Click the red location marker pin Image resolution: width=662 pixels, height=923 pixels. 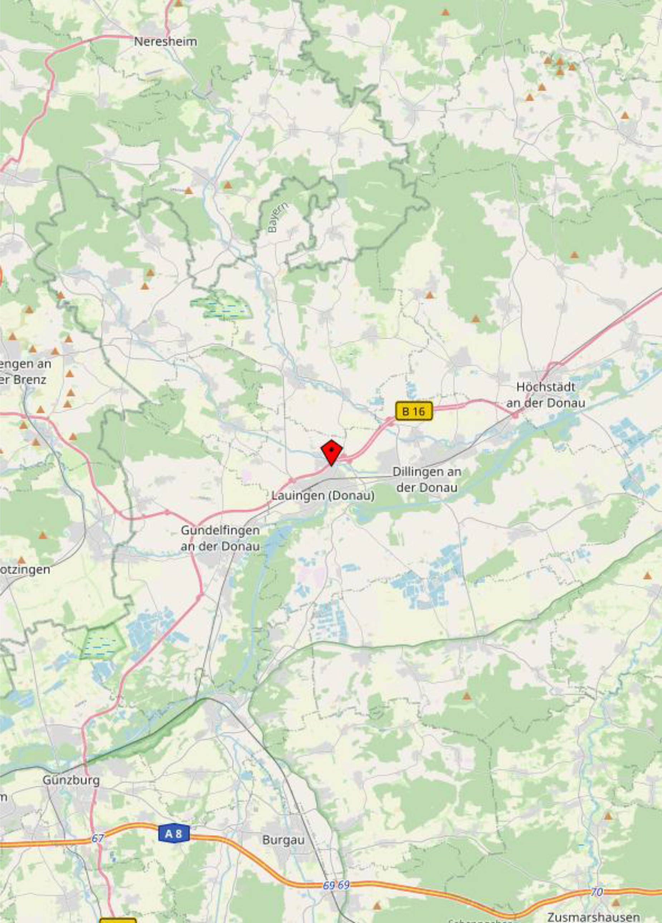pos(332,451)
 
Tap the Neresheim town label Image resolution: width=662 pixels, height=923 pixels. pos(166,42)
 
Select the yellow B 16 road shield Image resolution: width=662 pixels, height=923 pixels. pos(413,411)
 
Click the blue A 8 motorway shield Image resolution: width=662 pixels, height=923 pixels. pos(173,834)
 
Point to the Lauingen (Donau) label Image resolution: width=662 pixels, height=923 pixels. pos(323,496)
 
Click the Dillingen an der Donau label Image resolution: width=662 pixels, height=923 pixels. pos(427,479)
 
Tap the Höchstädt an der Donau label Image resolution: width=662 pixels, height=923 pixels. pos(545,395)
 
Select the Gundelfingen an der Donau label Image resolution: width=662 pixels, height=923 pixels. pos(220,538)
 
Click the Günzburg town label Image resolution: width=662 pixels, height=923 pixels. pos(71,781)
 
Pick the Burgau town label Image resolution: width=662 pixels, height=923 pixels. pos(283,840)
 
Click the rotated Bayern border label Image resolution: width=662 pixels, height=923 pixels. pos(279,218)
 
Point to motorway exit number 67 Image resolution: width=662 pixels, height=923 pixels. pos(98,838)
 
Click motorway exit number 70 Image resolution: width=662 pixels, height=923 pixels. pos(597,892)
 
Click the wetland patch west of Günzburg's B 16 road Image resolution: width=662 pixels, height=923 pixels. pos(102,642)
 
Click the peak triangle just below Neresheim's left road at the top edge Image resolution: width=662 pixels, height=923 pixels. pos(178,3)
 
